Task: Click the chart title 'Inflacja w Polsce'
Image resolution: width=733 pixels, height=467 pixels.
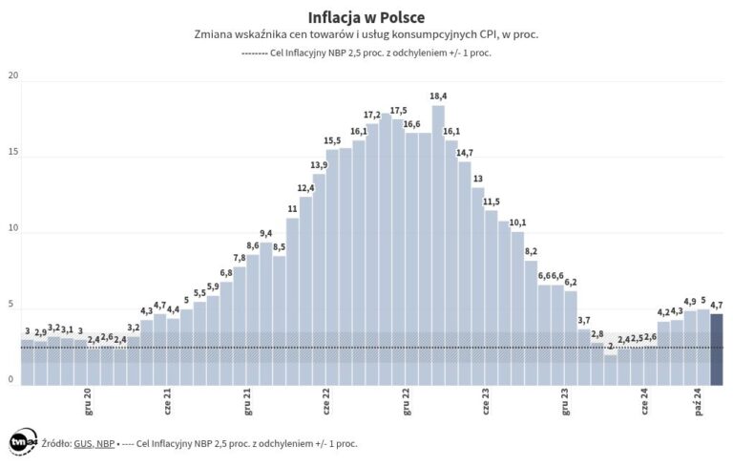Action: tap(366, 17)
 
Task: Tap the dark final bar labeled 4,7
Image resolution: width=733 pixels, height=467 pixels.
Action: tap(716, 349)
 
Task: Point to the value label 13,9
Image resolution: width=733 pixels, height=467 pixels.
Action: tap(319, 165)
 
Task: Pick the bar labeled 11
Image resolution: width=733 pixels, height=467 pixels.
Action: tap(292, 301)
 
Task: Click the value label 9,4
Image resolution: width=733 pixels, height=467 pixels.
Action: tap(265, 233)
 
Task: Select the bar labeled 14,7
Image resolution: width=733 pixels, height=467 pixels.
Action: tap(465, 273)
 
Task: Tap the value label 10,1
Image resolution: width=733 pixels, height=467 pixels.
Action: tap(517, 223)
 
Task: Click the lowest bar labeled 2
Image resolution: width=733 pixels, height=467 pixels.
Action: tap(611, 370)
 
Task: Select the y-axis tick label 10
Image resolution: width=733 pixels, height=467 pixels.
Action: tap(11, 229)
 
